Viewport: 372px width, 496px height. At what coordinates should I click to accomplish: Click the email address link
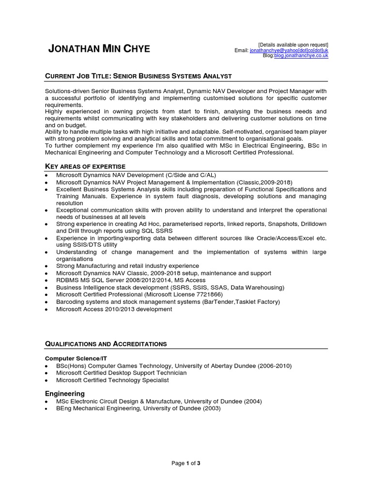pos(289,50)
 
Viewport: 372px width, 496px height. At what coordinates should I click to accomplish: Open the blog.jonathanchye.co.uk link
pos(301,56)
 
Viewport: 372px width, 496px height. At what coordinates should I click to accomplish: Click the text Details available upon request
pos(293,45)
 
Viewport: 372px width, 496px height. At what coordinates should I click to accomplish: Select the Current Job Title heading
pos(139,76)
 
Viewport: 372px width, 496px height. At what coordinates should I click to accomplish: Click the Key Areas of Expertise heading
pos(85,166)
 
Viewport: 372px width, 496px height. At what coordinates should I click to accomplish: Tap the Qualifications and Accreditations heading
pos(106,344)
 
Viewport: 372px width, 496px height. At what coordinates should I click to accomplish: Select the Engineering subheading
pos(65,393)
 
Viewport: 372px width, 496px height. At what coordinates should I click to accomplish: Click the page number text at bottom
pos(186,464)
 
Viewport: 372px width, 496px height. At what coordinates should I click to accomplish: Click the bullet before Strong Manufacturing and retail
pos(46,266)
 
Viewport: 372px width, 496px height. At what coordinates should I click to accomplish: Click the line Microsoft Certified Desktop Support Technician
pos(121,373)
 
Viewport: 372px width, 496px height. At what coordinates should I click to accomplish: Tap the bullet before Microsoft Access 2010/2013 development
pos(46,309)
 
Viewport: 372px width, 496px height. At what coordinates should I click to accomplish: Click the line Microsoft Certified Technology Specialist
pos(112,380)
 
